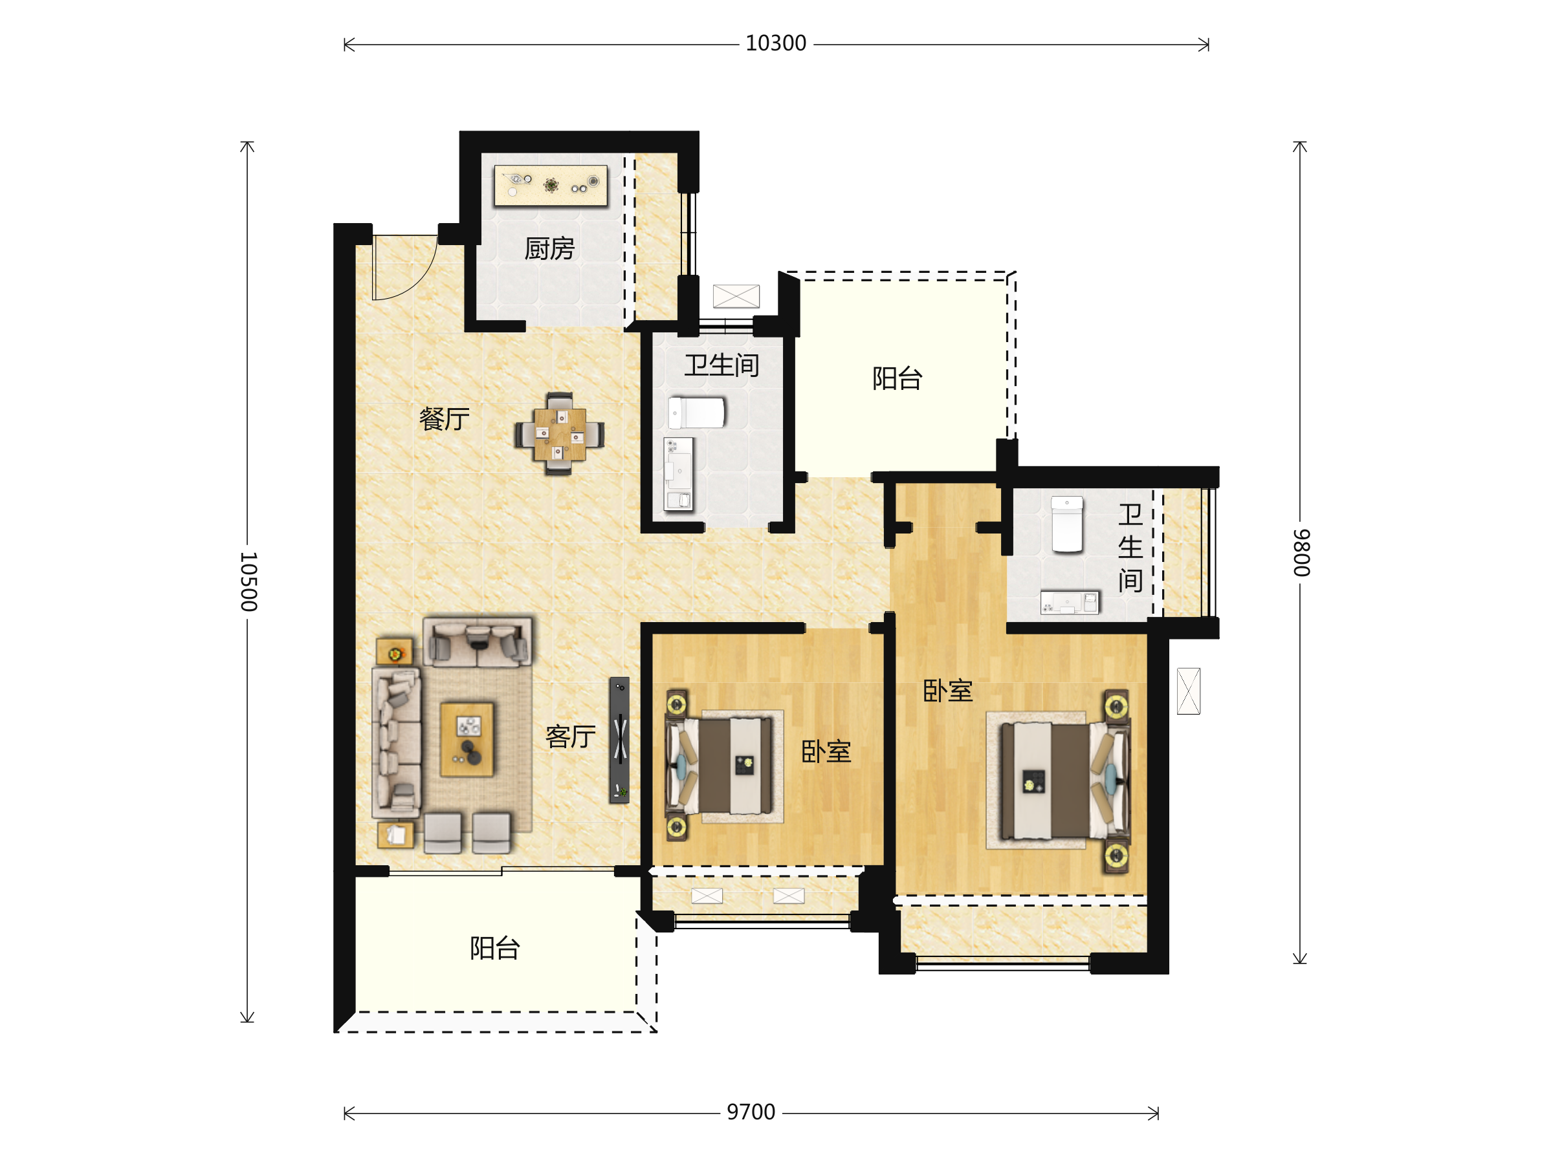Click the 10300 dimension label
[x=776, y=43]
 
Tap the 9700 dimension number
[x=751, y=1112]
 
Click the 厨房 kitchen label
[x=549, y=248]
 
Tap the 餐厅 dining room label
[x=444, y=419]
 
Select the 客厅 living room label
[x=570, y=737]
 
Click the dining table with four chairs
[x=559, y=434]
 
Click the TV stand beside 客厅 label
[x=619, y=740]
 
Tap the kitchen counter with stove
[x=551, y=185]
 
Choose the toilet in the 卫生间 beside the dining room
[x=696, y=413]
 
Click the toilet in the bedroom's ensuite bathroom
[x=1067, y=524]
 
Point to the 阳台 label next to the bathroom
[x=898, y=378]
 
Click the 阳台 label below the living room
[x=495, y=948]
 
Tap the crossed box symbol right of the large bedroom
[x=1189, y=691]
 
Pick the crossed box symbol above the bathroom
[x=736, y=296]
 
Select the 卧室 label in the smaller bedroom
[x=826, y=752]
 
